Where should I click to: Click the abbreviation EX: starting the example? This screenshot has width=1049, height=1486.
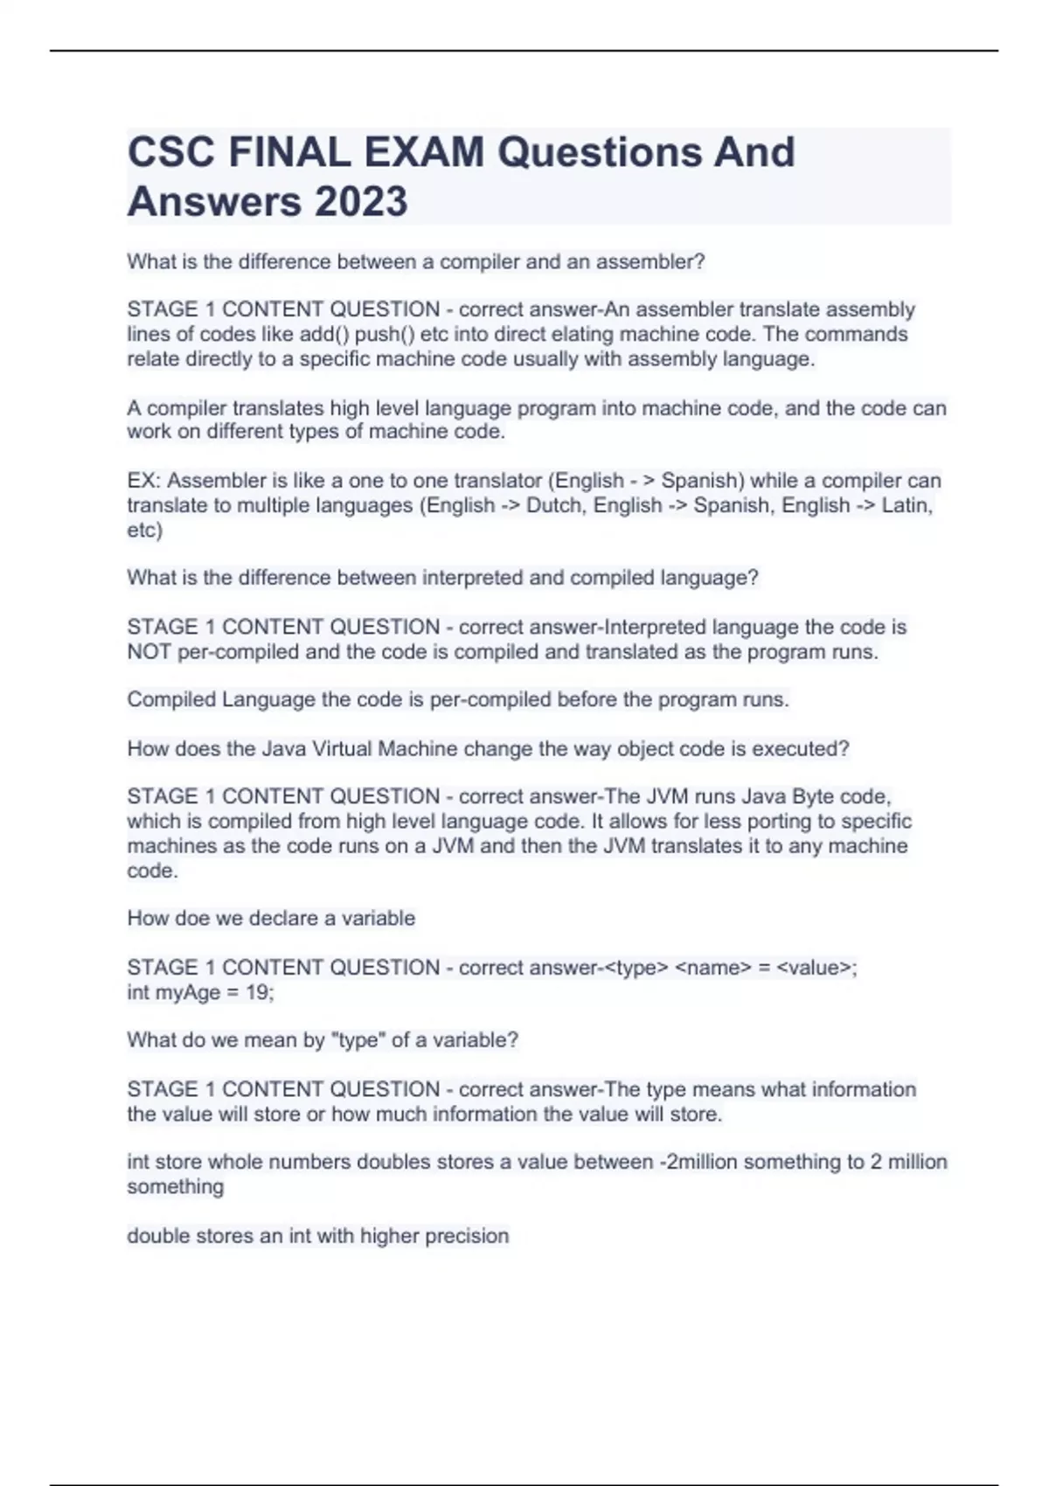[143, 481]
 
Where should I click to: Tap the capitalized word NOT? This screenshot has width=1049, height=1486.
[149, 651]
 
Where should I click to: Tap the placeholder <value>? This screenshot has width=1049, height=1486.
[816, 968]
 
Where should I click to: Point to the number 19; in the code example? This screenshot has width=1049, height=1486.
[259, 992]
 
